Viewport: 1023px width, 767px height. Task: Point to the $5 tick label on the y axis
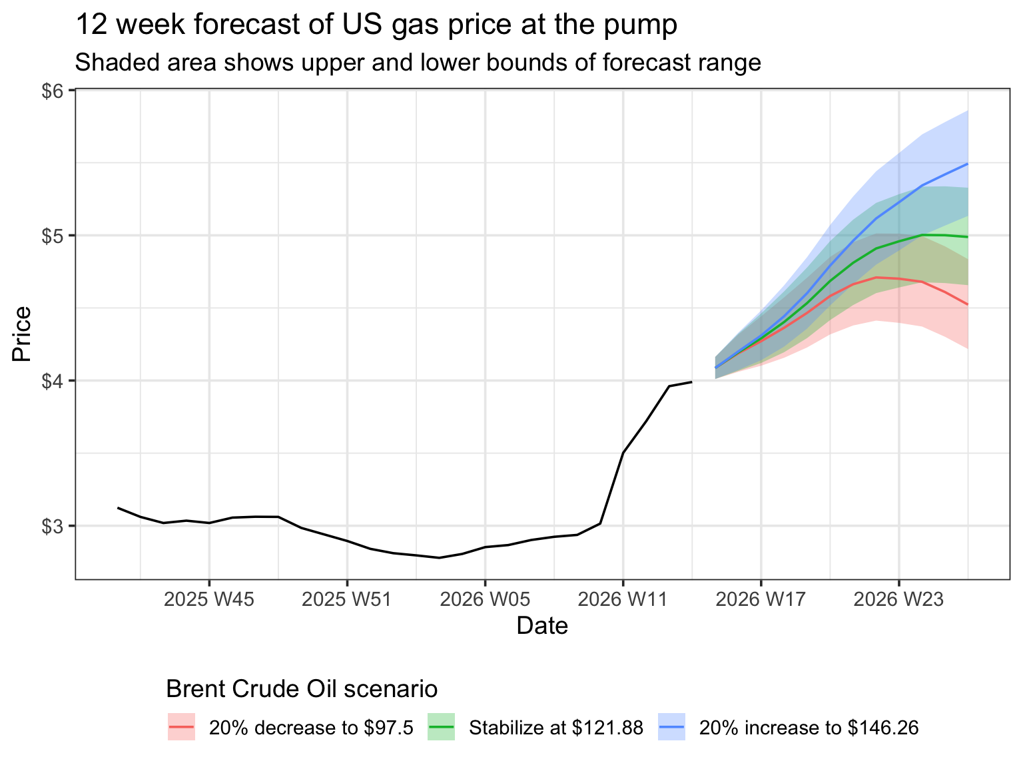[x=53, y=236]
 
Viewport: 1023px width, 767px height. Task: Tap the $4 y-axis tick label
[x=53, y=382]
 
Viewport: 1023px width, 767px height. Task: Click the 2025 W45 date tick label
[x=209, y=600]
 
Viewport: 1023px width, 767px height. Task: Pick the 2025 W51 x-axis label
[x=347, y=600]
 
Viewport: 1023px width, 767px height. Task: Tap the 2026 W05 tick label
[x=485, y=600]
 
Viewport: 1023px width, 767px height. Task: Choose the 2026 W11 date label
[x=623, y=600]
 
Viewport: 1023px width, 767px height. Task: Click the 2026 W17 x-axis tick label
[x=761, y=600]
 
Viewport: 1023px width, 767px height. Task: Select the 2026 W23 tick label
[x=898, y=600]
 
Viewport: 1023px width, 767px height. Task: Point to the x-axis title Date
[x=542, y=627]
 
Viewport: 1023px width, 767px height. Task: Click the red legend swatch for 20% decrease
[x=181, y=728]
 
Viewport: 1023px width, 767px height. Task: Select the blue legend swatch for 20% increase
[x=671, y=728]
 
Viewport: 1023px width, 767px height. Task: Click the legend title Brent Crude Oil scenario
[x=302, y=689]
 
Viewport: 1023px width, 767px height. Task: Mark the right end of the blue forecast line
[x=967, y=164]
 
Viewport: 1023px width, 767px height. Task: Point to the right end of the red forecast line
[x=967, y=304]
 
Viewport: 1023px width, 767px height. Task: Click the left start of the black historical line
[x=118, y=508]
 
